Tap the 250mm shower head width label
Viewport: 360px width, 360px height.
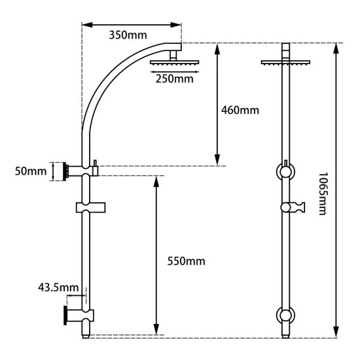point(175,79)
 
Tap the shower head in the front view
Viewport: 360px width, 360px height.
point(286,63)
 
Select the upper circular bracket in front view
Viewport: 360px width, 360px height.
point(285,171)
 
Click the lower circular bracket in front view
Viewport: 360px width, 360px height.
point(285,315)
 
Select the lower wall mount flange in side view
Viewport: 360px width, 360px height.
point(66,315)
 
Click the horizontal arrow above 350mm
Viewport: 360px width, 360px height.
point(131,26)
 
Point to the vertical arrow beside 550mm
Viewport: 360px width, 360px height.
point(156,255)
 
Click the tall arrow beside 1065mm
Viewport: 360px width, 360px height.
point(336,190)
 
